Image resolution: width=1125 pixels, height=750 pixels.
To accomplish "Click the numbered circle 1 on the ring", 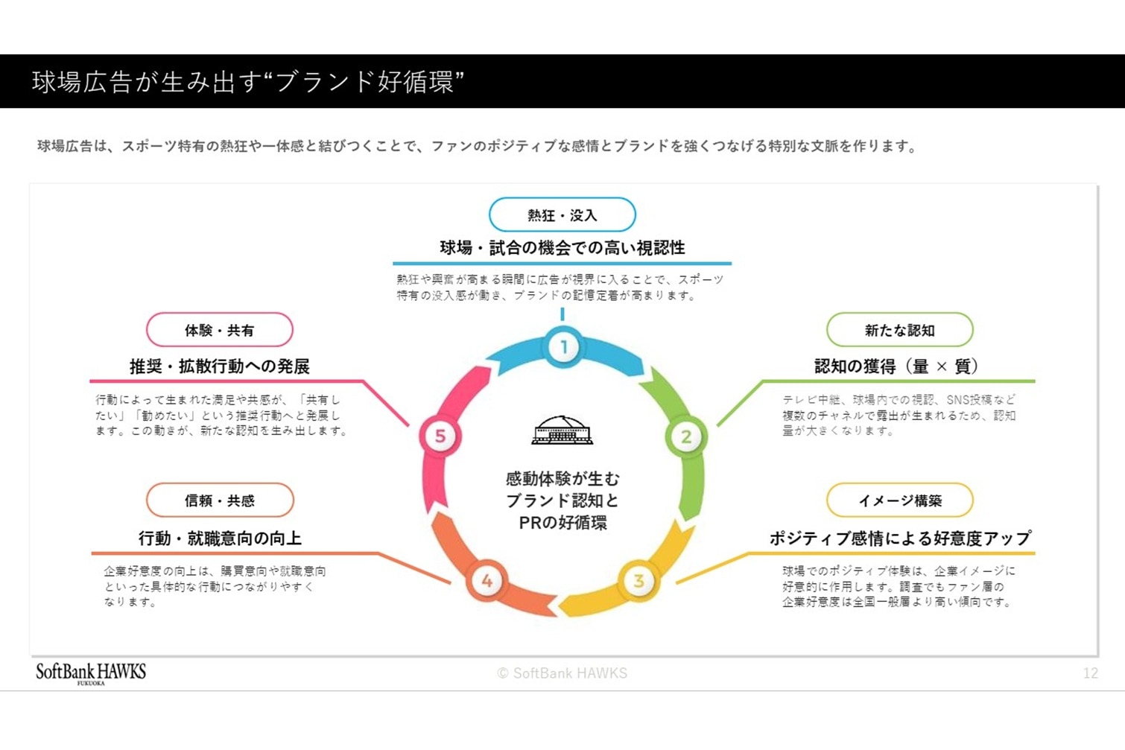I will pos(563,347).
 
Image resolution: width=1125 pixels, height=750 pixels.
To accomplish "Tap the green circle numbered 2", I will pos(685,436).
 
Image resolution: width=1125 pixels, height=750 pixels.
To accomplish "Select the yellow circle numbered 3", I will pos(638,581).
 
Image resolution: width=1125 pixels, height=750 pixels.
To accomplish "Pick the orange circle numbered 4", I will pos(487,581).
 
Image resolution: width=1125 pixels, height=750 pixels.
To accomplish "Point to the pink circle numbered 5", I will pos(440,436).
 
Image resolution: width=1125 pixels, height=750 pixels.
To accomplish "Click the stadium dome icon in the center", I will pos(562,430).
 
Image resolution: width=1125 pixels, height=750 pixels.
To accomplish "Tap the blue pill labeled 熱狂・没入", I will pos(562,215).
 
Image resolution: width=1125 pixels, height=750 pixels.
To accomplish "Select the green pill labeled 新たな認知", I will pos(899,330).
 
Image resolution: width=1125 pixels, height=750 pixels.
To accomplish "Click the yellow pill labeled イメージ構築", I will pos(899,500).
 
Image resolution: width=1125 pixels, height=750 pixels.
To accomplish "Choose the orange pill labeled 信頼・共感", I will pos(220,500).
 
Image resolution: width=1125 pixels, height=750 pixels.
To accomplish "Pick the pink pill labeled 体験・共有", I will pos(219,330).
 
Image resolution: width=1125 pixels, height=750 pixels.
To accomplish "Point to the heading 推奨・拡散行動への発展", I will pos(219,366).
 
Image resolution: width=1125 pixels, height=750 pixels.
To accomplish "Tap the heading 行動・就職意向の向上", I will pos(220,538).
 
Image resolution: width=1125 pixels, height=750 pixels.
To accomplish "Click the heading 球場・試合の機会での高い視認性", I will pos(562,248).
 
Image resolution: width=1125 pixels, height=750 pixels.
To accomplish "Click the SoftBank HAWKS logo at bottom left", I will pos(91,673).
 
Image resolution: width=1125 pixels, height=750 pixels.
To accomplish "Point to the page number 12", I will pos(1090,673).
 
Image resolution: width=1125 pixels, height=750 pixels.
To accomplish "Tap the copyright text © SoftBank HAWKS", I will pos(562,673).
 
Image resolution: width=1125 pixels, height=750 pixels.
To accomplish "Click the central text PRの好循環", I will pos(562,523).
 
